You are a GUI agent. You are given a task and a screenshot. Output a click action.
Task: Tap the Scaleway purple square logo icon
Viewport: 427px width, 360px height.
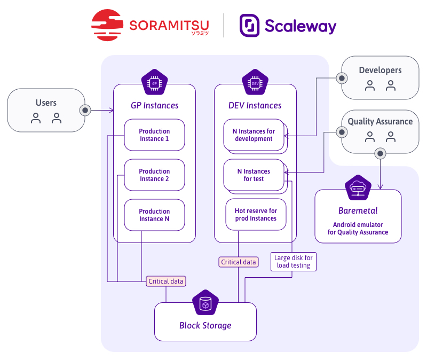pos(249,25)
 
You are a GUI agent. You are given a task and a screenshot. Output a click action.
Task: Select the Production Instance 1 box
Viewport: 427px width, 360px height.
pos(154,135)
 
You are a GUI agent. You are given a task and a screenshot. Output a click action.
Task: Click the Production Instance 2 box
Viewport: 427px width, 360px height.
pos(154,175)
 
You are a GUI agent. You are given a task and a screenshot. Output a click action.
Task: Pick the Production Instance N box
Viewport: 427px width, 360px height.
pos(154,215)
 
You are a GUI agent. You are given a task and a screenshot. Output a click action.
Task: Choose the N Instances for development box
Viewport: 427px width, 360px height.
pos(254,135)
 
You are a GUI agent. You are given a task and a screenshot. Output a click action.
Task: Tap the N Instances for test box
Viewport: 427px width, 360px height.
pos(254,175)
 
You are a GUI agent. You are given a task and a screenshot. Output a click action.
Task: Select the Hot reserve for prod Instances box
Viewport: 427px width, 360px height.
pos(256,215)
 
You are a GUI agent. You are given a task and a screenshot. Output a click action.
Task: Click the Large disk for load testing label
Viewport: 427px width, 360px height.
pos(294,262)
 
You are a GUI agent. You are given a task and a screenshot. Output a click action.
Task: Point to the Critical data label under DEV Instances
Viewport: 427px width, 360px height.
pos(239,262)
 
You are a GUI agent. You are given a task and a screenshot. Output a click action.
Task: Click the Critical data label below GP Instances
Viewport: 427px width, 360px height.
pos(166,281)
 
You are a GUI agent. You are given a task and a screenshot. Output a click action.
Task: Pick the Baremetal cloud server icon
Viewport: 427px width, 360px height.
pos(358,187)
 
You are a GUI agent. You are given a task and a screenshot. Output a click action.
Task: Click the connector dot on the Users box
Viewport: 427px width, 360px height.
pos(84,111)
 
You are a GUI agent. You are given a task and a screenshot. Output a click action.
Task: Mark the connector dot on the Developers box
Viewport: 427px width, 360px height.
pos(342,78)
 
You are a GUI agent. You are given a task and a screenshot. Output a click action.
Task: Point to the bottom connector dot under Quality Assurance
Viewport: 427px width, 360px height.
pos(380,153)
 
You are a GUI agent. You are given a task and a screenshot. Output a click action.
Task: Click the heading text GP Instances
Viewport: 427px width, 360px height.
pos(155,106)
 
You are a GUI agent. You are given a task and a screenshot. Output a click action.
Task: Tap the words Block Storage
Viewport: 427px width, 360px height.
pos(205,325)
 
